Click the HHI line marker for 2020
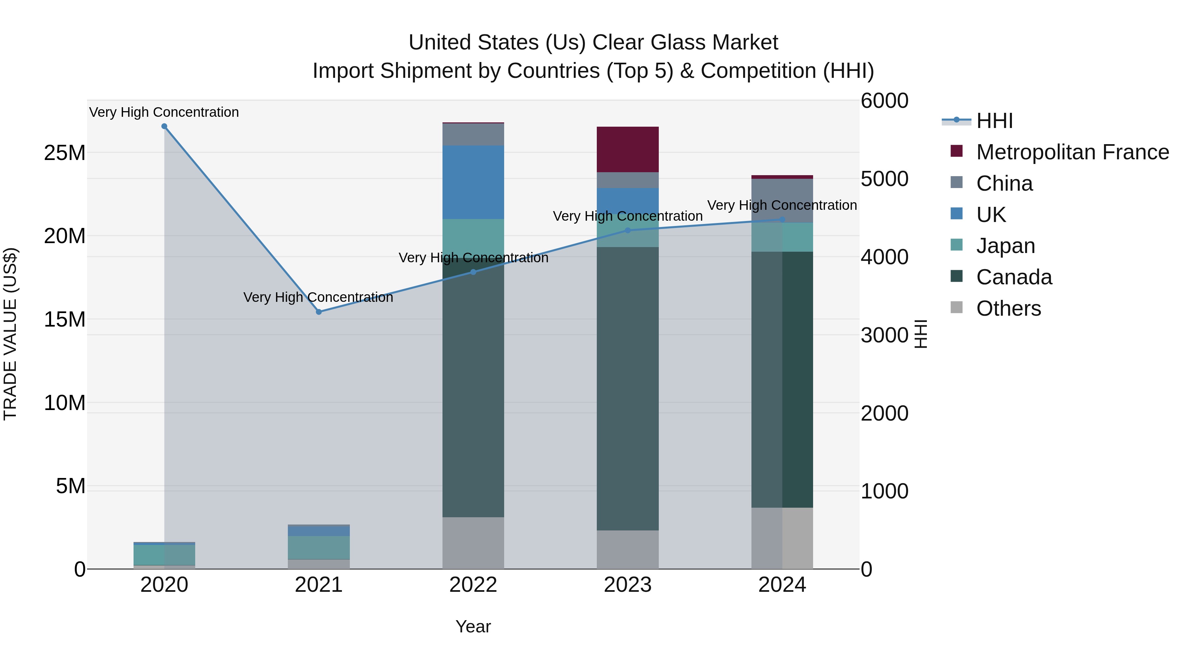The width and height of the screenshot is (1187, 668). [164, 126]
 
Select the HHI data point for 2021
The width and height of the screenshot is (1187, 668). [319, 312]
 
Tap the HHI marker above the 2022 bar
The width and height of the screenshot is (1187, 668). [473, 272]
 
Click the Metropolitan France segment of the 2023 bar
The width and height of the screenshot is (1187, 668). [627, 149]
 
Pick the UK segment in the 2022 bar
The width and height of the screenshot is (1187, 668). [473, 182]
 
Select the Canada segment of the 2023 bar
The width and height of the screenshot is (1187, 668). [627, 388]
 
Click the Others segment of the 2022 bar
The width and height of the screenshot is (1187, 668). [473, 543]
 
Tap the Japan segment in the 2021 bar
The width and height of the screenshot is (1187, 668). [319, 547]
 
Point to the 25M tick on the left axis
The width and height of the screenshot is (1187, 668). [65, 153]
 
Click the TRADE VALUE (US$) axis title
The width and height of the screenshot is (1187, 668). [10, 334]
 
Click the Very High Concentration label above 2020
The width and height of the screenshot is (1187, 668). [164, 112]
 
